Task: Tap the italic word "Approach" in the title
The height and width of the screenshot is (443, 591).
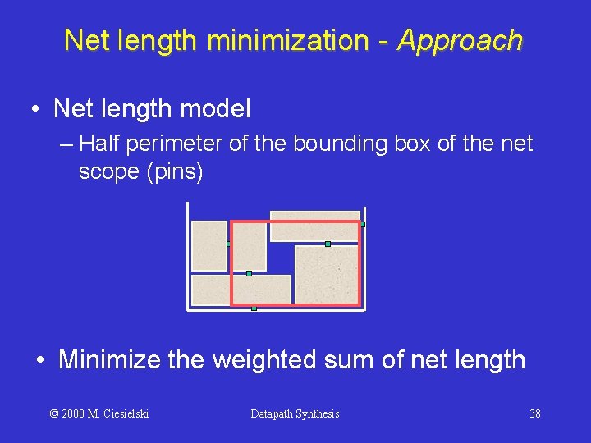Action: tap(460, 40)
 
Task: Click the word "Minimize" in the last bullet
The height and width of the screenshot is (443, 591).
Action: tap(110, 359)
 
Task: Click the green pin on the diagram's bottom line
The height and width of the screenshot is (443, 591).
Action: tap(254, 308)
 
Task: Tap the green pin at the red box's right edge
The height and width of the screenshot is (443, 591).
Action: tap(362, 224)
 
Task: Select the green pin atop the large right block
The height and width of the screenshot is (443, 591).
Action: tap(328, 244)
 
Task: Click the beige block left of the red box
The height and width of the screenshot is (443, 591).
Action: tap(209, 245)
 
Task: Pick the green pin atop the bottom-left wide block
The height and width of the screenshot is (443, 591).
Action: tap(249, 273)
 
